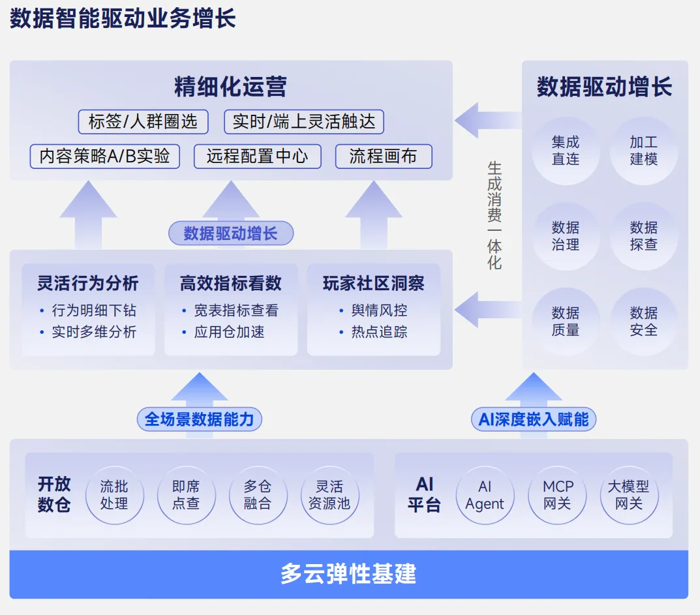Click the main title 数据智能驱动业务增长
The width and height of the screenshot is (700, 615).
pos(123,19)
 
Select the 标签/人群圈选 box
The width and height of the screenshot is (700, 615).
pos(143,122)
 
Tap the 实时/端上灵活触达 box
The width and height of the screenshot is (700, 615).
pos(304,122)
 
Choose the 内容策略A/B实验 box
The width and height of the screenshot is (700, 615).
pos(105,157)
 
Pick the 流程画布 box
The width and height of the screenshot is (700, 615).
pos(384,157)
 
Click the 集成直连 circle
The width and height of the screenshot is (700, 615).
pos(565,151)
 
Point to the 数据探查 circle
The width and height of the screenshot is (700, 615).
pos(643,236)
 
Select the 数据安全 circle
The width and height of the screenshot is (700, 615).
pos(643,322)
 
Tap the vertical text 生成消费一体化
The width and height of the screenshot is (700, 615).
pos(495,215)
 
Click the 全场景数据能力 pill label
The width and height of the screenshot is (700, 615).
pos(199,419)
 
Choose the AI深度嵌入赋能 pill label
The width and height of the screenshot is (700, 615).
pos(533,419)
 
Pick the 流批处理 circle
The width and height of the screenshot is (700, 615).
pos(114,495)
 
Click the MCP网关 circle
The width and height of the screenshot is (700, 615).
pos(557,495)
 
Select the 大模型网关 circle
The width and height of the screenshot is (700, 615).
pos(629,495)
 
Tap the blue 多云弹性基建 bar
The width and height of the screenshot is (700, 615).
pos(348,574)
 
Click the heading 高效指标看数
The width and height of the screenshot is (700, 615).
pos(230,283)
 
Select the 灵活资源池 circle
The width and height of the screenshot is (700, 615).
pos(329,495)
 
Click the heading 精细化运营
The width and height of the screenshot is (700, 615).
pos(230,87)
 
